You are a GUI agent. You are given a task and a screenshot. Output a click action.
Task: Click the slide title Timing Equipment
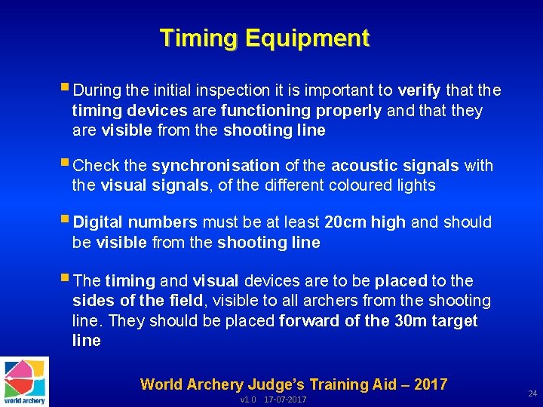(x=265, y=38)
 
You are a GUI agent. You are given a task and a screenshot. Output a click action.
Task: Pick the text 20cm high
(x=364, y=222)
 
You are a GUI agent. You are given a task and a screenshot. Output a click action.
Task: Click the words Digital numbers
(x=135, y=222)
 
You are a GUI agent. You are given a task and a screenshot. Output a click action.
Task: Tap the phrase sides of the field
(x=137, y=301)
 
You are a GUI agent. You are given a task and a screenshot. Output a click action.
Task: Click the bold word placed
(x=400, y=281)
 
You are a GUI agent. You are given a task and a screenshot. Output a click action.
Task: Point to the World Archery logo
(x=24, y=381)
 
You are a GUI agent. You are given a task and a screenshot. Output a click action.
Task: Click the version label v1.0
(x=248, y=399)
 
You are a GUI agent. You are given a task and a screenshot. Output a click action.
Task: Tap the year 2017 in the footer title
(x=430, y=384)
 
